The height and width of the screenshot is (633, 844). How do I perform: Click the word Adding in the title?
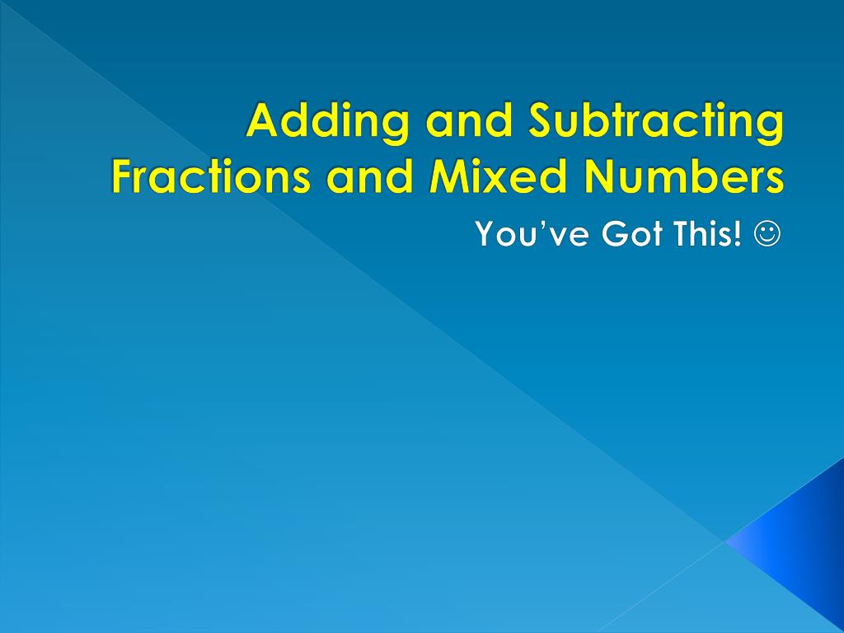coord(327,123)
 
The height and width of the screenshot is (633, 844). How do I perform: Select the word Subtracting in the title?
coord(656,123)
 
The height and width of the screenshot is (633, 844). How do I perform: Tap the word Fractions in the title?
coord(211,176)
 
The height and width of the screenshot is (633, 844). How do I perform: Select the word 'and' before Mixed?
coord(370,176)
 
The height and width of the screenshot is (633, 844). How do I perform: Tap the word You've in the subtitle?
coord(532,233)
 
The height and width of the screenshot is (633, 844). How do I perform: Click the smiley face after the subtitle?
coord(767,234)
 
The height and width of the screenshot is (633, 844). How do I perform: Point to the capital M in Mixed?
coord(450,176)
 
